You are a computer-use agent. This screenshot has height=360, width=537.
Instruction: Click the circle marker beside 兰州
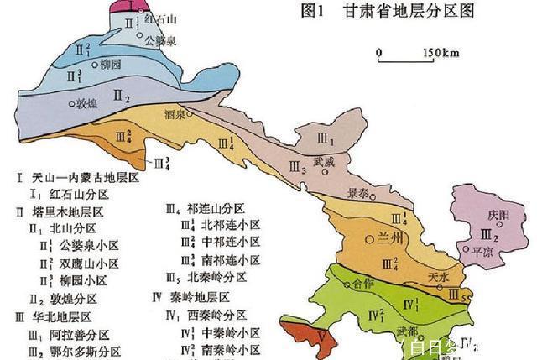pos(369,240)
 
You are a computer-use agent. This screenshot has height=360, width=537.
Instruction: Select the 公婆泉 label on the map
pos(159,39)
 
